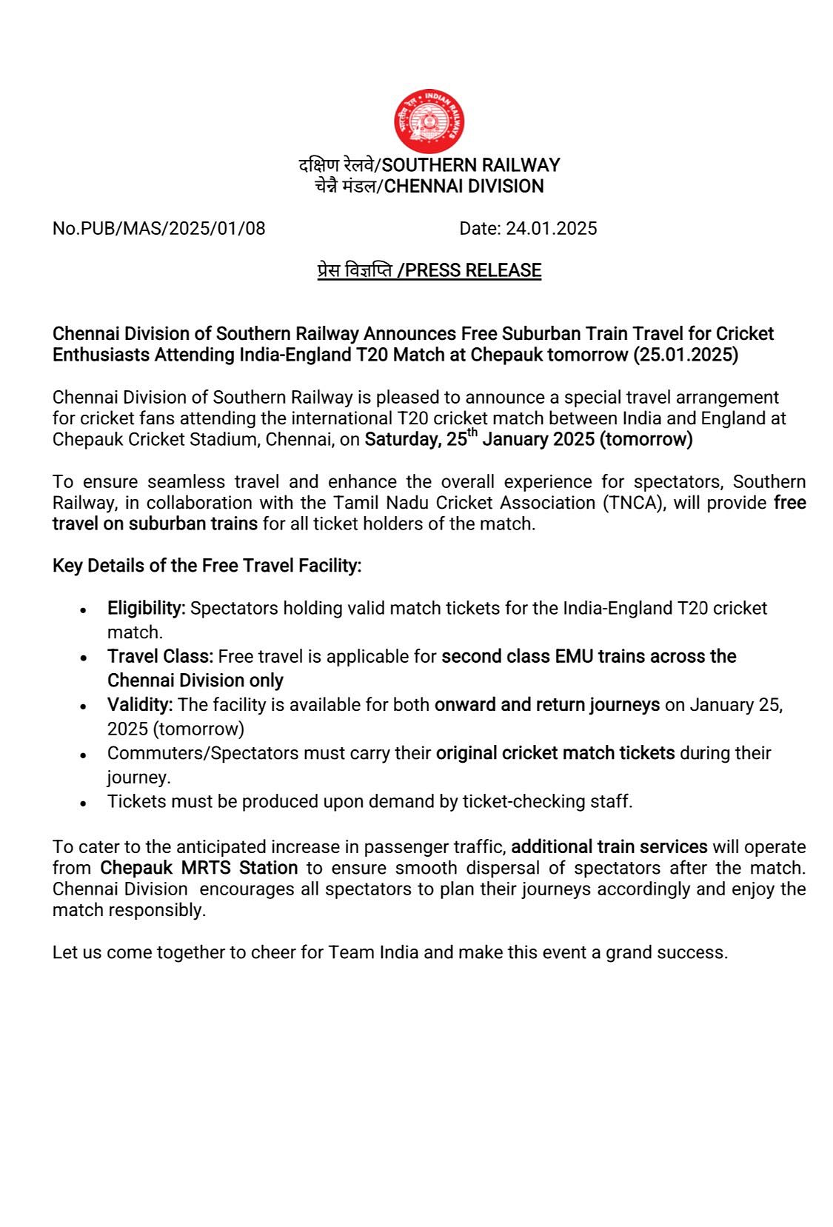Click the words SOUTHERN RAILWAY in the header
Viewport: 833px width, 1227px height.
click(470, 164)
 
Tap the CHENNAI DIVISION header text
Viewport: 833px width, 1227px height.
click(464, 186)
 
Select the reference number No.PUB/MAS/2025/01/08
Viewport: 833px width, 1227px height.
click(158, 228)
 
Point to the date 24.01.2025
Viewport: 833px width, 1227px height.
click(551, 228)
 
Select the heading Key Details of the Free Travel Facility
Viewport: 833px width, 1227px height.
click(207, 566)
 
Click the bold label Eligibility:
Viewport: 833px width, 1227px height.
click(147, 608)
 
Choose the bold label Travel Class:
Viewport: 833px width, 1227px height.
click(160, 656)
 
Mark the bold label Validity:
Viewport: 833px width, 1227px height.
click(140, 704)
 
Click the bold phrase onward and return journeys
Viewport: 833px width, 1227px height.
click(546, 704)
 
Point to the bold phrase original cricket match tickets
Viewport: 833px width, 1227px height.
click(555, 753)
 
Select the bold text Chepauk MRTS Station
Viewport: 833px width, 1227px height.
click(198, 868)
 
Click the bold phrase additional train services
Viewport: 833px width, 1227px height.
click(609, 846)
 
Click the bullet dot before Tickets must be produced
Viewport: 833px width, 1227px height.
click(84, 803)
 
